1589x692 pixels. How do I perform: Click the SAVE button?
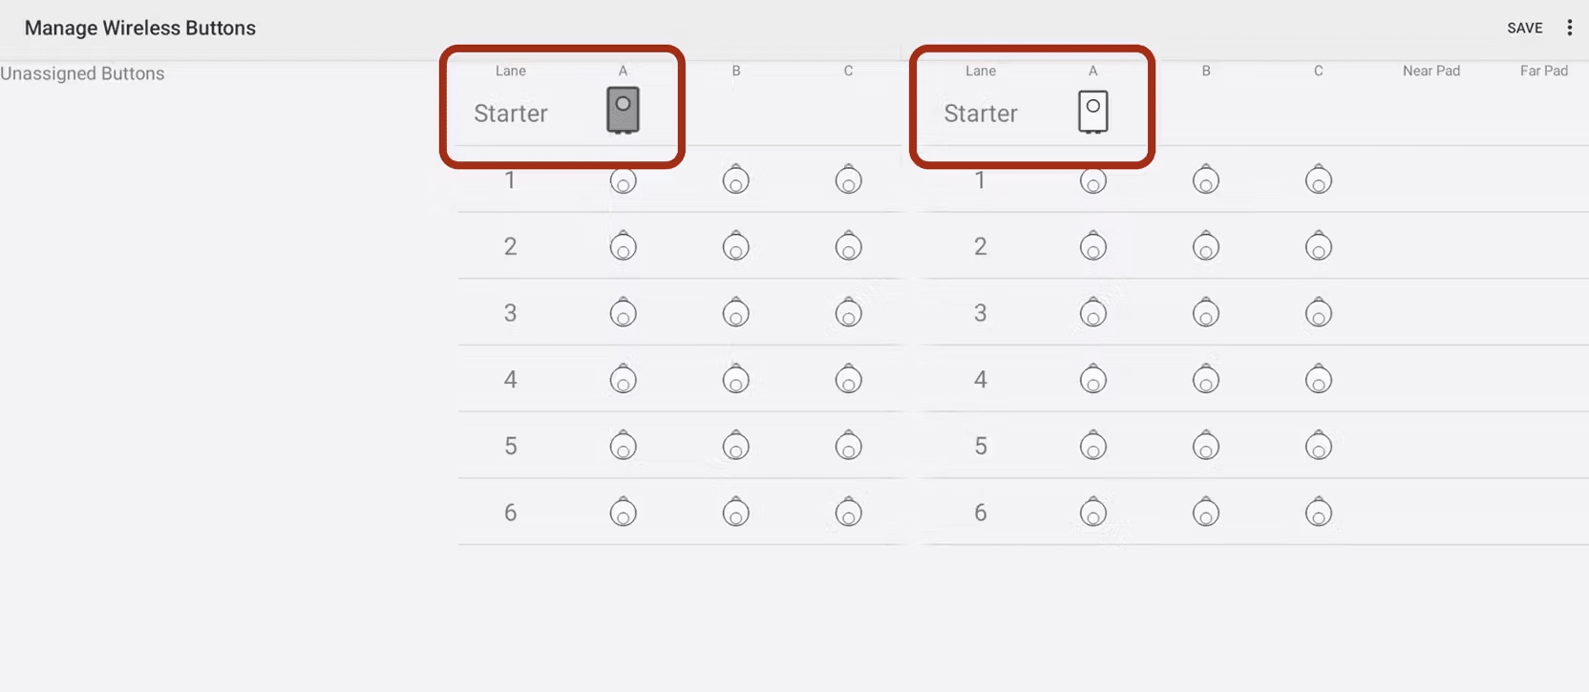[1524, 28]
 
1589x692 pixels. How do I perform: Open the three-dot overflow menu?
[1569, 28]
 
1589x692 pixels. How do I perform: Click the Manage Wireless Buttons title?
[139, 28]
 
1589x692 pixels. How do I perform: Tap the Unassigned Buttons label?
[82, 73]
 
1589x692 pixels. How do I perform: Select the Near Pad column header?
[1430, 71]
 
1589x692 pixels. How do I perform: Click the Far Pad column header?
[1543, 71]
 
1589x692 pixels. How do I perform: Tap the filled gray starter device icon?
[623, 110]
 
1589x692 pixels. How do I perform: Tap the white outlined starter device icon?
[1093, 112]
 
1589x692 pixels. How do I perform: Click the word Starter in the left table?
[511, 113]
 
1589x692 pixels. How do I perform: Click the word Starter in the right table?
[981, 113]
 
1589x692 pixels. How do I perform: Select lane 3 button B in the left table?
[735, 312]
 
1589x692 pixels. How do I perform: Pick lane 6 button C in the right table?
[1318, 512]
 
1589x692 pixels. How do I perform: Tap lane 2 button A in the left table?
[623, 245]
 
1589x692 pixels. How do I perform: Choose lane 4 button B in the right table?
[1205, 379]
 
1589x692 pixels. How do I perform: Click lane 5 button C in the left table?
[848, 445]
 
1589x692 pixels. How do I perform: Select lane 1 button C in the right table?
[1318, 179]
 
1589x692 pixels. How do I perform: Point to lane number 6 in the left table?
[510, 512]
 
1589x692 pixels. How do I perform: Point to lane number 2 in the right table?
[981, 246]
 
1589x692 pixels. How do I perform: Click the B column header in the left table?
[735, 71]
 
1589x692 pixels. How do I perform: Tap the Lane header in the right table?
[981, 71]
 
